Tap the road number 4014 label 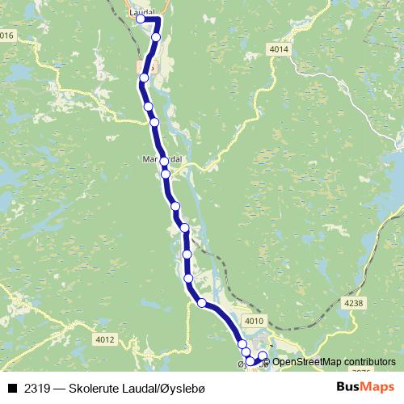(279, 50)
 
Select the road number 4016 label (7, 35)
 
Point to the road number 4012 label (105, 339)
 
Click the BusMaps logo (364, 388)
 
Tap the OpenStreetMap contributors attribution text (331, 361)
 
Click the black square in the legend (12, 389)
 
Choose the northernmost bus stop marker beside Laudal (141, 19)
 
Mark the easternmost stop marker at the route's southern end (262, 356)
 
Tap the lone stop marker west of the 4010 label (201, 304)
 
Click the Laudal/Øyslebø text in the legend (164, 389)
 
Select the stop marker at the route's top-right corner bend (157, 37)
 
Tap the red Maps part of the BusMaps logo (377, 388)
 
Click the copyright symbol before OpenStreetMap (267, 361)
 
